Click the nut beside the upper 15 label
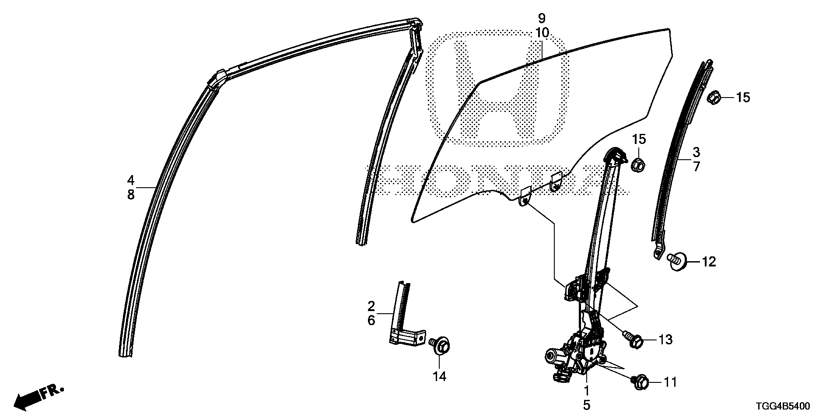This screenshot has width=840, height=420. coord(714,97)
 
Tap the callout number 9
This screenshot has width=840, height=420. coord(542,18)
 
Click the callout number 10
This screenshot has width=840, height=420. coord(542,33)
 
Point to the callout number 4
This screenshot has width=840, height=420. coord(130,180)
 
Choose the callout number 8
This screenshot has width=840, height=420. coord(130,195)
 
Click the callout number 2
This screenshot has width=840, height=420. coord(371,306)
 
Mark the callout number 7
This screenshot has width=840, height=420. coord(696,167)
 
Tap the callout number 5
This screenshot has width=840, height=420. coord(587,405)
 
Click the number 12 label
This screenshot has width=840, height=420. coord(709,262)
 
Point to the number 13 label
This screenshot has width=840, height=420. coord(665,339)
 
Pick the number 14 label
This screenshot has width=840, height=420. coord(439,376)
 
